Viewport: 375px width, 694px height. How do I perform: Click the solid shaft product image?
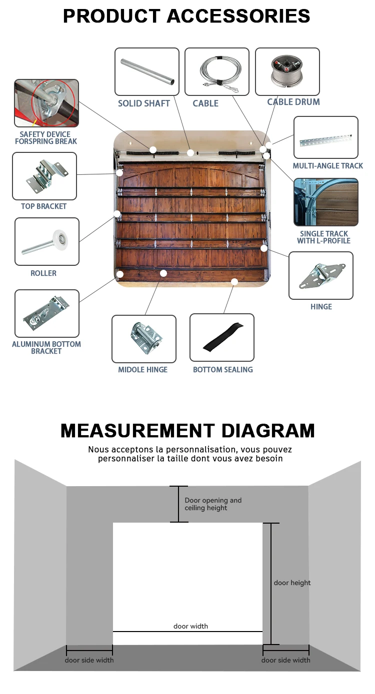146,72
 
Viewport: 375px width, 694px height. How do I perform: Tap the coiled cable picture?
216,72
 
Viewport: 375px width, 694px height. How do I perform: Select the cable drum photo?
287,71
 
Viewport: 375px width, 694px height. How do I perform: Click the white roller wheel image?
46,241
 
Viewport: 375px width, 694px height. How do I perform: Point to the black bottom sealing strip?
222,337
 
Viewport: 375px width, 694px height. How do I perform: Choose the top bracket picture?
44,176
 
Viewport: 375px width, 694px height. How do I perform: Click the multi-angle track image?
325,137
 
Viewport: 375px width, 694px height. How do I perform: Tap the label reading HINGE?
321,307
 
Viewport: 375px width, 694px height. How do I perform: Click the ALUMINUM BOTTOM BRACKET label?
46,348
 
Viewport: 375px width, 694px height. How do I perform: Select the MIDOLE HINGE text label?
143,370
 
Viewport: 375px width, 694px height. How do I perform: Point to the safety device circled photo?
46,103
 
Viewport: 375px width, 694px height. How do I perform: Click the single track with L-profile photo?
325,202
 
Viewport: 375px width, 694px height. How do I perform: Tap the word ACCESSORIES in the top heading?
238,16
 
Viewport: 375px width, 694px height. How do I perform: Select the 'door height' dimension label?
292,583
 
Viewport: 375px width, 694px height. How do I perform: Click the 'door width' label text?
190,626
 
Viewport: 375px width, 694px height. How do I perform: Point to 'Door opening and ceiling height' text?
213,504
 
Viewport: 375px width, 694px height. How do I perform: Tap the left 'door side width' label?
89,660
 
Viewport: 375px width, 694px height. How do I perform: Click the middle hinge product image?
143,338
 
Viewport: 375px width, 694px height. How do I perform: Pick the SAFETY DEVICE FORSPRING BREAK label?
46,138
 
